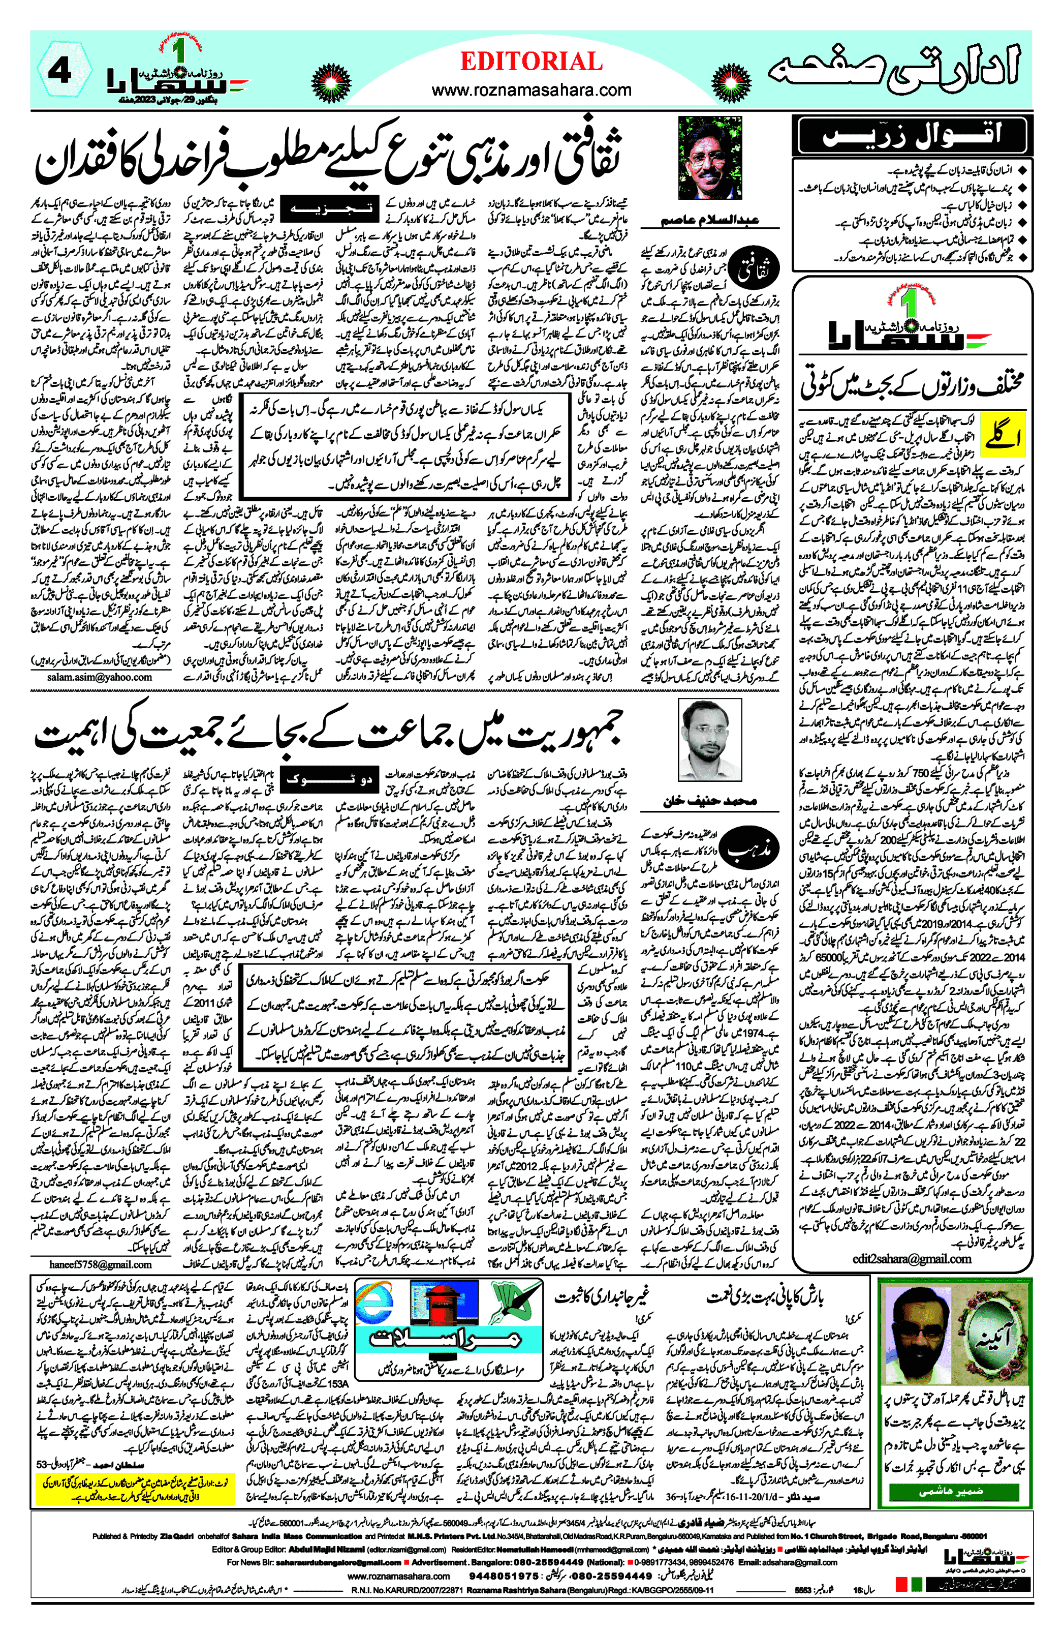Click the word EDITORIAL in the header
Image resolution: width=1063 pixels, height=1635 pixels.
point(531,62)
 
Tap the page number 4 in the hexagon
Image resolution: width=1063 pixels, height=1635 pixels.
point(60,72)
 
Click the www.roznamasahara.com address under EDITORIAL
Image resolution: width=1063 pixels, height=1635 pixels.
point(531,90)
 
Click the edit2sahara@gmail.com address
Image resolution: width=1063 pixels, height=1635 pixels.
point(912,1259)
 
